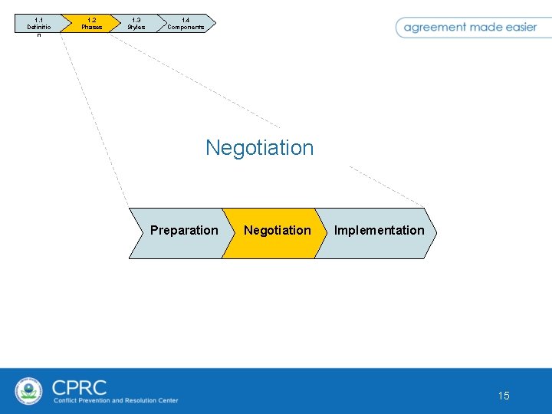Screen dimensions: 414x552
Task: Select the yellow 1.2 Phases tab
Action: (91, 24)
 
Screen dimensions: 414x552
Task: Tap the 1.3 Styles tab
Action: (136, 24)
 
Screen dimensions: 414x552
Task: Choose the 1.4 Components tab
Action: (186, 24)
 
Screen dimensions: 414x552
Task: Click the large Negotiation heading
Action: (259, 147)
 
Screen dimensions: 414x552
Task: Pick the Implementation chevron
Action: (377, 231)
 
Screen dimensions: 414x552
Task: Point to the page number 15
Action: (504, 396)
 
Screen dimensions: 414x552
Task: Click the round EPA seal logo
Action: (29, 391)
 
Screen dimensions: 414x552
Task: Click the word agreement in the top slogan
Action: (435, 27)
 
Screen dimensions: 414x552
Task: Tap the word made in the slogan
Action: (485, 27)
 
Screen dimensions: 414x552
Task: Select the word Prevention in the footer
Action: (95, 400)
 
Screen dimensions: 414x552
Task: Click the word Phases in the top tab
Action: (91, 28)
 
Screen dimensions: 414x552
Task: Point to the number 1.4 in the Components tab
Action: (186, 20)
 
